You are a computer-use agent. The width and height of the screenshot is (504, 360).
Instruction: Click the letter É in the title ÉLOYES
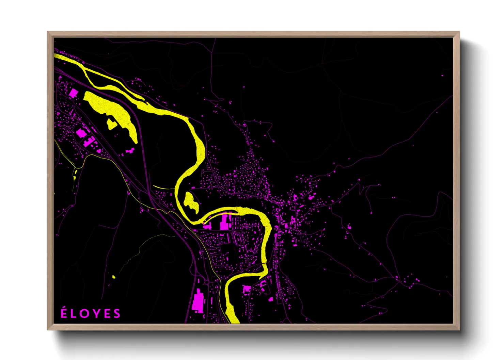[64, 313]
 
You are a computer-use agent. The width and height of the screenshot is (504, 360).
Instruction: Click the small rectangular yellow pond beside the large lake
[111, 124]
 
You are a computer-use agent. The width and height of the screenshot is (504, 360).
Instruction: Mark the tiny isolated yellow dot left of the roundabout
[114, 277]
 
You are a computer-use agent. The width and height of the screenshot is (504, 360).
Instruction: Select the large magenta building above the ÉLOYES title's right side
[198, 301]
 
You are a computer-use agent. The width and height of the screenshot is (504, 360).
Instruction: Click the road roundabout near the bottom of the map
[207, 281]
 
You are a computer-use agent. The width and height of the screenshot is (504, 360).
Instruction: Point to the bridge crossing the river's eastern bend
[264, 263]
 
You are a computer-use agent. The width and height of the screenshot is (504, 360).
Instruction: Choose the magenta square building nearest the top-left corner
[73, 93]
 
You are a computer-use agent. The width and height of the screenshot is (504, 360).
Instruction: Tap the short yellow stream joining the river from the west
[163, 187]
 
